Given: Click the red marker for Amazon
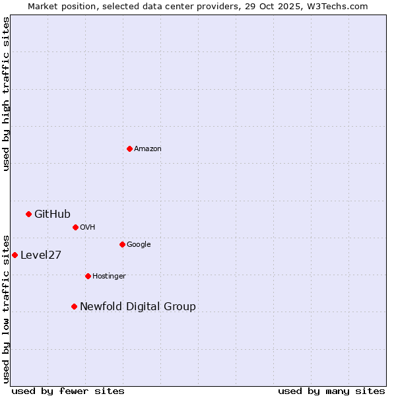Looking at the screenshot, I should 129,148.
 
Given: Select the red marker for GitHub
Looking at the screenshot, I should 28,214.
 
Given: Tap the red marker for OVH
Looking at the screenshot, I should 75,227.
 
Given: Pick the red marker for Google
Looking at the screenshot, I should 122,244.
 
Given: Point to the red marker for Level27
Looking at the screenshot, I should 15,255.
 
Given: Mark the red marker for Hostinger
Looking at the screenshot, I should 88,276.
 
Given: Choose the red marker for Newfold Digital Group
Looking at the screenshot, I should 74,306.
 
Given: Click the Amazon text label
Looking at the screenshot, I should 148,149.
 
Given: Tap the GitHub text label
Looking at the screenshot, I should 52,214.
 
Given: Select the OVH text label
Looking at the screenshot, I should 88,228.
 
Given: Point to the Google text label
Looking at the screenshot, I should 139,245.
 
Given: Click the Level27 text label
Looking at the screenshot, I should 41,255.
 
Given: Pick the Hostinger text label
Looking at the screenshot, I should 109,277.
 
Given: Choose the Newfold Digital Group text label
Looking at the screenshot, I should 138,306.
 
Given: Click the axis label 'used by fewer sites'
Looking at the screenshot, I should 68,391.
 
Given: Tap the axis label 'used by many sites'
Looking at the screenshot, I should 331,391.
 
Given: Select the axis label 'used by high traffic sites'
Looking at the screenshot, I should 6,94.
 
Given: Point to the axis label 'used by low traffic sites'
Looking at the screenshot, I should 6,308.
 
